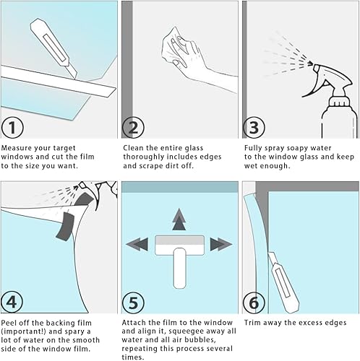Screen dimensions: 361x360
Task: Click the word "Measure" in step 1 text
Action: coord(18,148)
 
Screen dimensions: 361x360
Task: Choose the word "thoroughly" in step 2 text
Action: coord(145,157)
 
